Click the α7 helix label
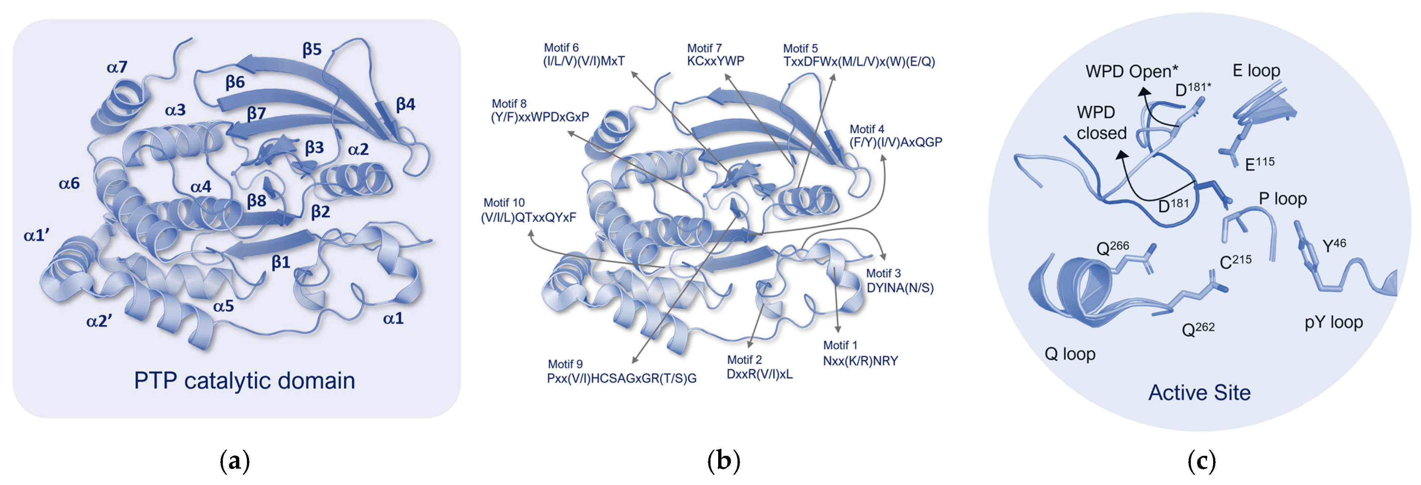point(117,67)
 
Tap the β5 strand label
point(312,50)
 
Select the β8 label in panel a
point(256,201)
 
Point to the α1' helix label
point(37,236)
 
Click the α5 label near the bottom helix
point(224,306)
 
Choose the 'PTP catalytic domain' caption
point(244,381)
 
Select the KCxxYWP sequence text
point(716,61)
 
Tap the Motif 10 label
point(504,202)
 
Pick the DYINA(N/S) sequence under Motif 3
point(900,288)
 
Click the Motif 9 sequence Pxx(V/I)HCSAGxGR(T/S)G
point(622,379)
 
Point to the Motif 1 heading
point(840,345)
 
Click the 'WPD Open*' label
point(1131,72)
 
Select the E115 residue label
point(1260,163)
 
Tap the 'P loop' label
point(1282,199)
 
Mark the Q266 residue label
point(1112,248)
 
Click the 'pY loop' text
point(1333,322)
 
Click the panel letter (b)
point(723,460)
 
